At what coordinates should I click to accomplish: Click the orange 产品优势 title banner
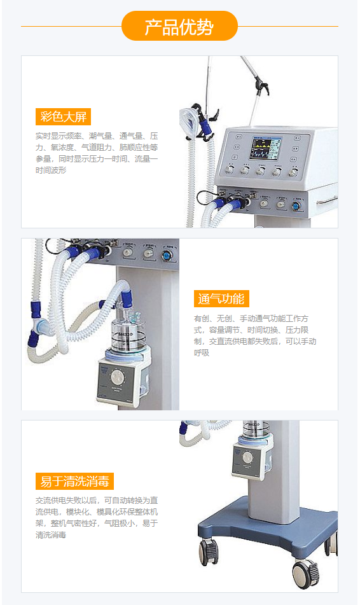[179, 26]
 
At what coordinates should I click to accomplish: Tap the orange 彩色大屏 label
[63, 116]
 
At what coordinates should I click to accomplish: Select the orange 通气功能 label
[221, 299]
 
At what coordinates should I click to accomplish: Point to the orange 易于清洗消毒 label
[74, 481]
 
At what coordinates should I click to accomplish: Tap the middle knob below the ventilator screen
[261, 170]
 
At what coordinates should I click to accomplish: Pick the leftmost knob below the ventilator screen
[230, 170]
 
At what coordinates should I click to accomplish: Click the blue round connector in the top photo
[296, 205]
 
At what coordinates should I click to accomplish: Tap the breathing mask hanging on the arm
[186, 116]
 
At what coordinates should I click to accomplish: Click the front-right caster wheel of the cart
[305, 573]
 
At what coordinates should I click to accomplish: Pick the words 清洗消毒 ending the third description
[51, 535]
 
